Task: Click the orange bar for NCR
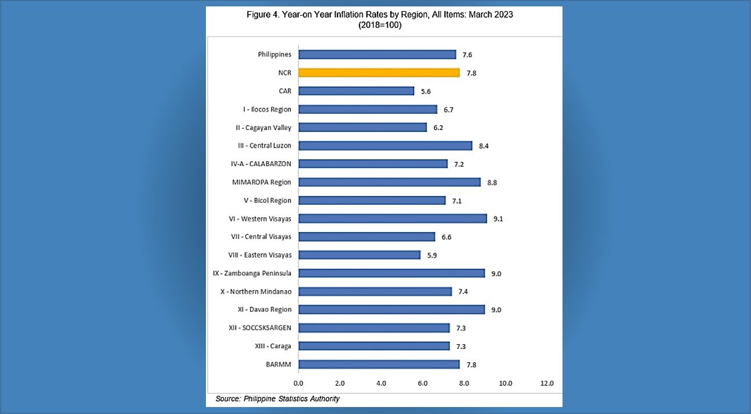[379, 73]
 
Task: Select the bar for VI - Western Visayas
[393, 219]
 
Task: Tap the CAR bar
[356, 91]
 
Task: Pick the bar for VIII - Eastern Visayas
[359, 255]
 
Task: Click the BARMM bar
[379, 365]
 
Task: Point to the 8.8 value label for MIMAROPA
[492, 183]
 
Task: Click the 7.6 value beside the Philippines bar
[467, 55]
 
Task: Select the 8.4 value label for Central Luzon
[483, 146]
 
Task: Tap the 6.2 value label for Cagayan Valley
[438, 128]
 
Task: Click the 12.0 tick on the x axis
[547, 384]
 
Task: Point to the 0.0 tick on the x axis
[298, 384]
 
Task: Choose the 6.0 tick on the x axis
[422, 384]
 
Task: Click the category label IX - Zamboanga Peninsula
[252, 273]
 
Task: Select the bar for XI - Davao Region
[391, 310]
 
